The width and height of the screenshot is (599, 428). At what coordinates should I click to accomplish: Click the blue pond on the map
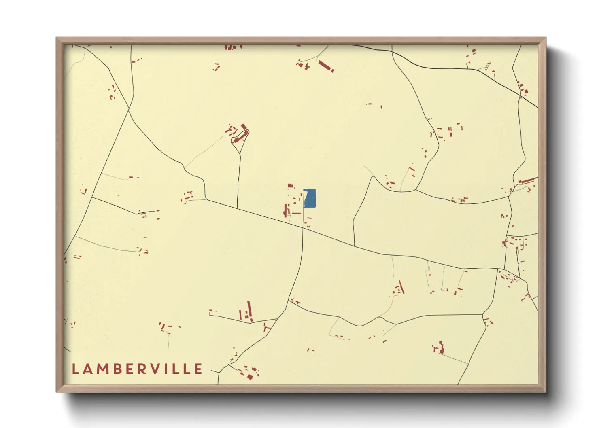[310, 199]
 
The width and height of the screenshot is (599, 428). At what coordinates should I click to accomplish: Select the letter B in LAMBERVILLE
[115, 369]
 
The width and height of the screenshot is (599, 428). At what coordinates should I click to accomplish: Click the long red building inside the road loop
[240, 137]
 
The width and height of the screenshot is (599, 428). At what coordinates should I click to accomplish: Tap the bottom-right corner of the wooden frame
[546, 392]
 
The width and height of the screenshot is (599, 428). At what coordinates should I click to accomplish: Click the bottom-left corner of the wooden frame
[57, 392]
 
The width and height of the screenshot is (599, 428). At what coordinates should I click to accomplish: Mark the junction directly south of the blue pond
[303, 228]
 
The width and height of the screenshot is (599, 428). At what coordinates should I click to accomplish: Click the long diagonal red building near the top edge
[326, 66]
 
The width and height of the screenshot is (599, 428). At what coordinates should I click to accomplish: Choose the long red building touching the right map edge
[528, 180]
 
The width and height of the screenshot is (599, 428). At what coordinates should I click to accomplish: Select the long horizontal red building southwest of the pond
[296, 213]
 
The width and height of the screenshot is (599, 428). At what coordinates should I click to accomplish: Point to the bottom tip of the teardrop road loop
[240, 153]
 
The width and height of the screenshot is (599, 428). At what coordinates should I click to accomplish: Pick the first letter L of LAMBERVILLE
[75, 369]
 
